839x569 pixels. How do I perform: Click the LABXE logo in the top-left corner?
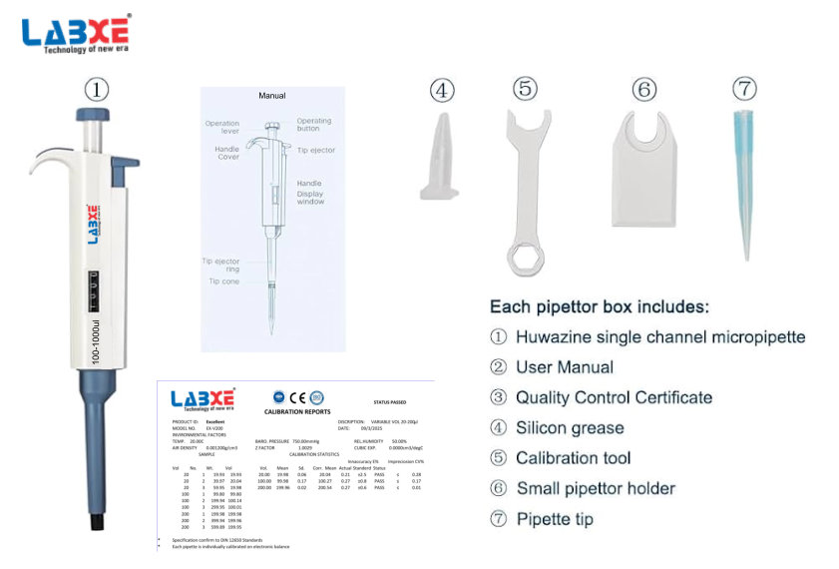(76, 34)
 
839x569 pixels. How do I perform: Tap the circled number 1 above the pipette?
(96, 90)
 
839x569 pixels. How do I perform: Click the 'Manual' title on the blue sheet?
(272, 96)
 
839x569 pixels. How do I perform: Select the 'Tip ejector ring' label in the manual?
(220, 266)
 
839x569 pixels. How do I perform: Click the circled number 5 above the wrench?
(526, 89)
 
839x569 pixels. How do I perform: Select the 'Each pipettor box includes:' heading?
(600, 306)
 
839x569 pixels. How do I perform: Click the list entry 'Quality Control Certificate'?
(614, 397)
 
